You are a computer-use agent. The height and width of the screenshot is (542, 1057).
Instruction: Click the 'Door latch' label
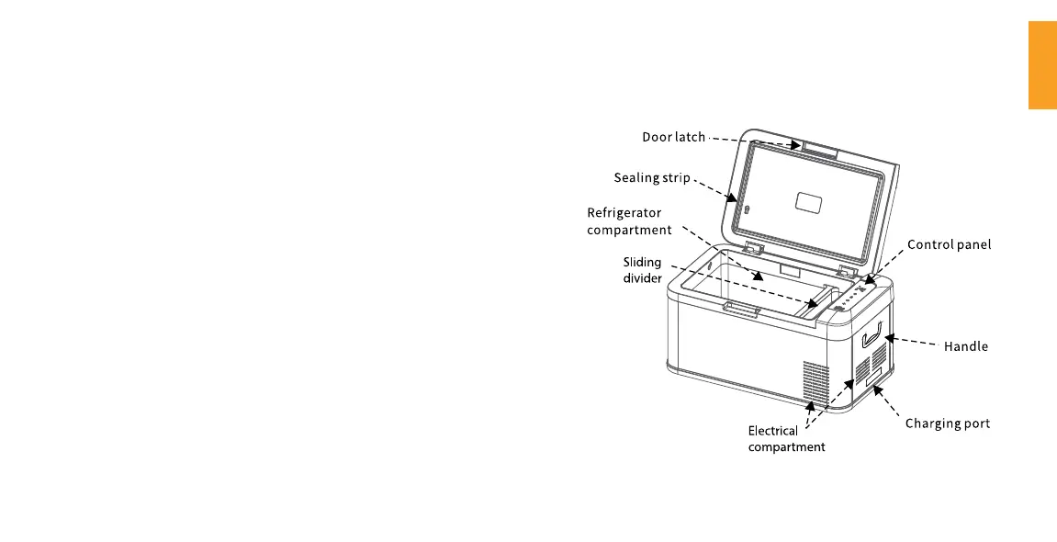click(673, 137)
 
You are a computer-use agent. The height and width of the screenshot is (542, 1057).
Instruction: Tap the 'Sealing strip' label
click(651, 177)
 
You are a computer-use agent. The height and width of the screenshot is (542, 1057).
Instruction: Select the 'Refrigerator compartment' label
click(629, 220)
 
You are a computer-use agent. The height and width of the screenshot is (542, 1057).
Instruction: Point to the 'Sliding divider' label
click(643, 270)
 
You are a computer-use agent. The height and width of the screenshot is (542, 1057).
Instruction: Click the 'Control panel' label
click(949, 244)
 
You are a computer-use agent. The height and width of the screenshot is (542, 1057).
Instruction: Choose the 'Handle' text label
click(966, 346)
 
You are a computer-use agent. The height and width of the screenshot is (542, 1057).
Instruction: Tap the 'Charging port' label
click(948, 423)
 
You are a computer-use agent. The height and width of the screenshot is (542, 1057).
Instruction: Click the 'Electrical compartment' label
click(786, 438)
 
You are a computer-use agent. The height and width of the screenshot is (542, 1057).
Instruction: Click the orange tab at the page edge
click(1042, 78)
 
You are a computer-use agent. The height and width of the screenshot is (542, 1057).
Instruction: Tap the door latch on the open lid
click(818, 150)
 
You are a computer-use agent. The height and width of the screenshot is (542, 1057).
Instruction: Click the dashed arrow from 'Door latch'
click(753, 141)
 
